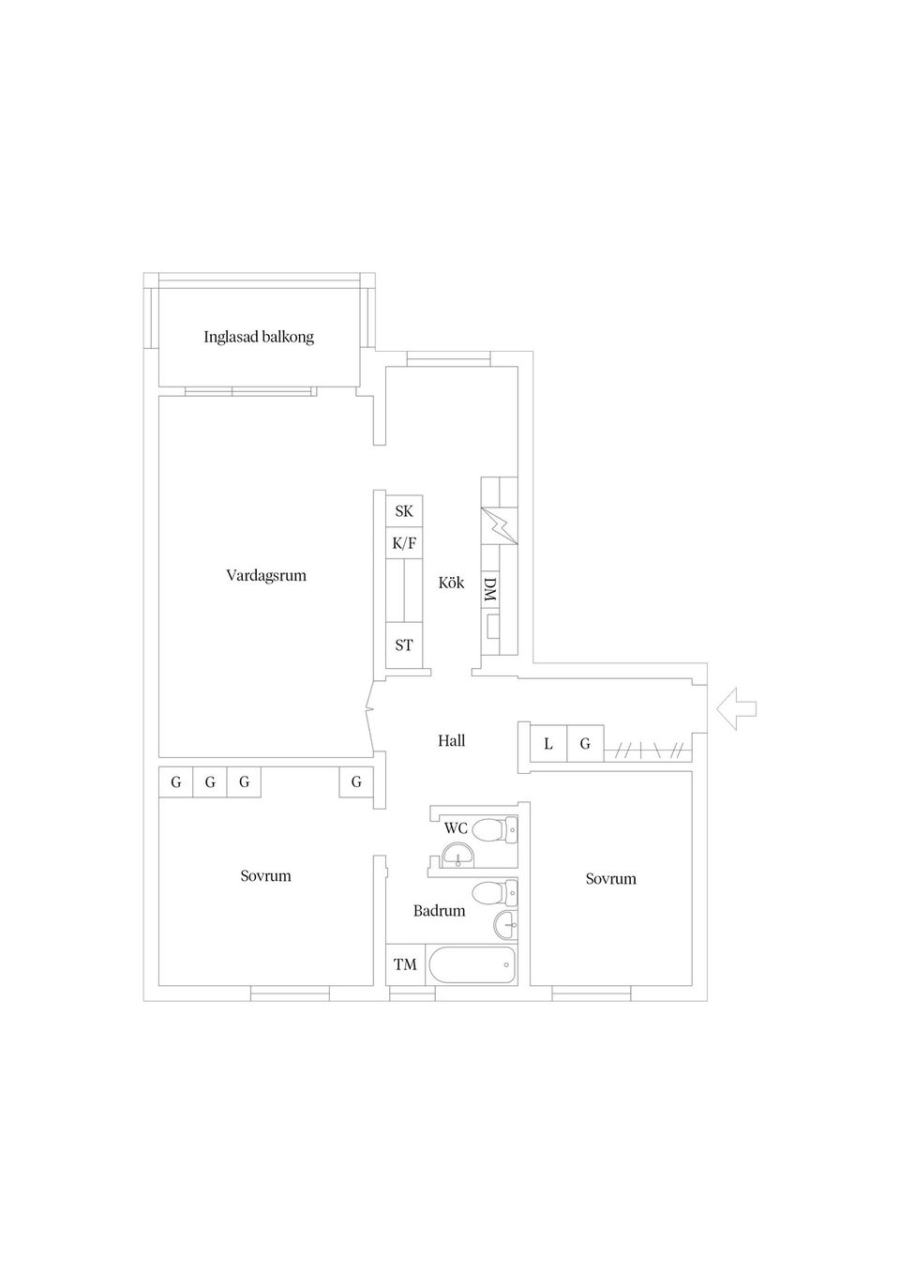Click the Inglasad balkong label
(x=259, y=337)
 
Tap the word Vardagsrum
(x=266, y=575)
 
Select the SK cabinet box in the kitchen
(x=404, y=511)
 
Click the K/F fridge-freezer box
(x=404, y=542)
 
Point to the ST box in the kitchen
(x=404, y=645)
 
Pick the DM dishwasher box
(x=490, y=589)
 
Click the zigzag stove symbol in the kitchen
(x=499, y=526)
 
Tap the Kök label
(x=451, y=583)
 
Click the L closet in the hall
(x=548, y=744)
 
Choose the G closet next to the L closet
(x=585, y=744)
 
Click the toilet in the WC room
(x=493, y=829)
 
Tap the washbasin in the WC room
(x=457, y=856)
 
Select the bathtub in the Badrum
(x=472, y=964)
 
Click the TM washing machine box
(x=405, y=964)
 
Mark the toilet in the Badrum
(x=493, y=891)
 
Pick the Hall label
(x=451, y=741)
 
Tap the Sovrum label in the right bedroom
(x=610, y=879)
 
